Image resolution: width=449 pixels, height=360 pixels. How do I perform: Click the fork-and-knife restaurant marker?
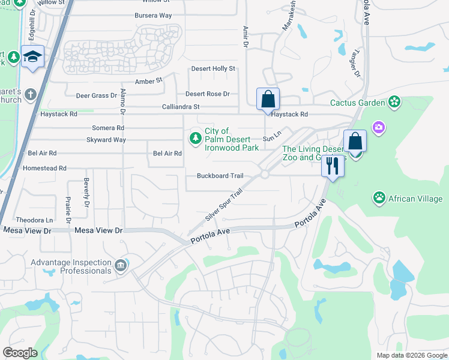[x=333, y=166]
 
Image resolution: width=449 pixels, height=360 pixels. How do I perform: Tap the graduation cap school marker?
[x=32, y=57]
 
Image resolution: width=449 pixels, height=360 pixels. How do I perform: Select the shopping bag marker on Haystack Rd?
[x=268, y=99]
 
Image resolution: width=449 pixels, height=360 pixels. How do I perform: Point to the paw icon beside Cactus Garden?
[x=394, y=103]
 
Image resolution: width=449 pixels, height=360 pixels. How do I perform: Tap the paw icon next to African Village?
[x=379, y=198]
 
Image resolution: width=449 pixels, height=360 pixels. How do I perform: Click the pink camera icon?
[x=378, y=127]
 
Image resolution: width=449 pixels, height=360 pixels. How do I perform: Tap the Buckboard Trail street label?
[x=220, y=176]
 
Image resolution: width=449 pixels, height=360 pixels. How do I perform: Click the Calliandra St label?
[x=180, y=107]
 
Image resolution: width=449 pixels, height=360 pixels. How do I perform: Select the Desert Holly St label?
[x=213, y=69]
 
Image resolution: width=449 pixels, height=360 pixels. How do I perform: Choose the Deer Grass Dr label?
[x=96, y=95]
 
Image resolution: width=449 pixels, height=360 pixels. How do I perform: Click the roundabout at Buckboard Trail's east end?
[x=264, y=175]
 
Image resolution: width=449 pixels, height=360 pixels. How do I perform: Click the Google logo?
[x=20, y=352]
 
